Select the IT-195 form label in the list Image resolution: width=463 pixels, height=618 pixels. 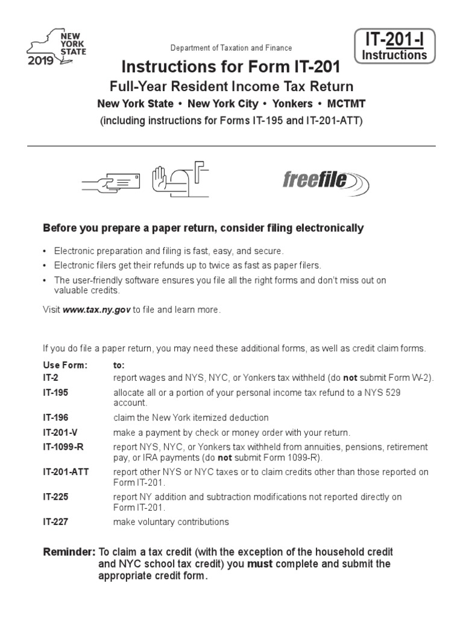[54, 392]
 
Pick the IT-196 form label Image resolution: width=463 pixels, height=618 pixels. [54, 418]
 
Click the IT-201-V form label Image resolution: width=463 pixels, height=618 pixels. [58, 433]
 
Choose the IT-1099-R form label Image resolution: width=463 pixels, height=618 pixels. [62, 447]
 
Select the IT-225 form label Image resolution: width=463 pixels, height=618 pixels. [54, 497]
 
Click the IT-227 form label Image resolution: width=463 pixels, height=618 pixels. [54, 521]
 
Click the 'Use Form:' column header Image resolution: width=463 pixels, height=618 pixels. [65, 366]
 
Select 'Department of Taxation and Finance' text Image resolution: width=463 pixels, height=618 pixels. [231, 48]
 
